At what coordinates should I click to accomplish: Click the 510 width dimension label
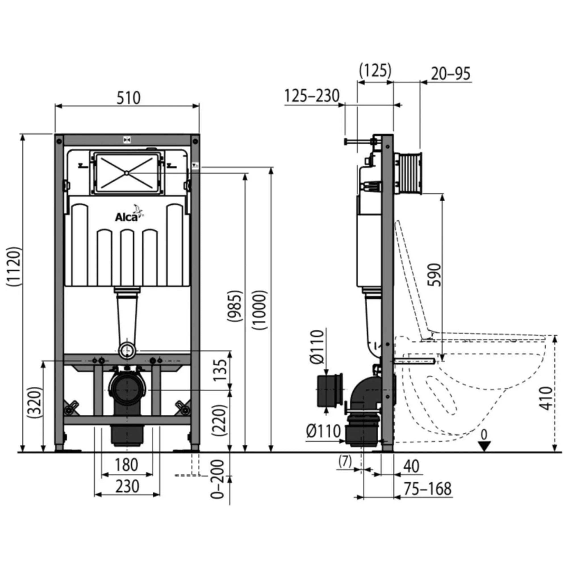128,98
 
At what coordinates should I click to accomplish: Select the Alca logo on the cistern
129,214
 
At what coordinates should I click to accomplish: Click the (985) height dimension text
235,306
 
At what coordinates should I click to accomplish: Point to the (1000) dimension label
260,310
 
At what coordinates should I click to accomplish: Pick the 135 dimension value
221,370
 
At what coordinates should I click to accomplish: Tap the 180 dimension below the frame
126,465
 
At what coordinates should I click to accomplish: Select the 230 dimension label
127,486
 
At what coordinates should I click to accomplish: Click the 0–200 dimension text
218,479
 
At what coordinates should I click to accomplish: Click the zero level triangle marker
484,446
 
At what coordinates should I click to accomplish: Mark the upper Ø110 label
317,347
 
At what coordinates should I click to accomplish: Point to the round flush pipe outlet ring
127,350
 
